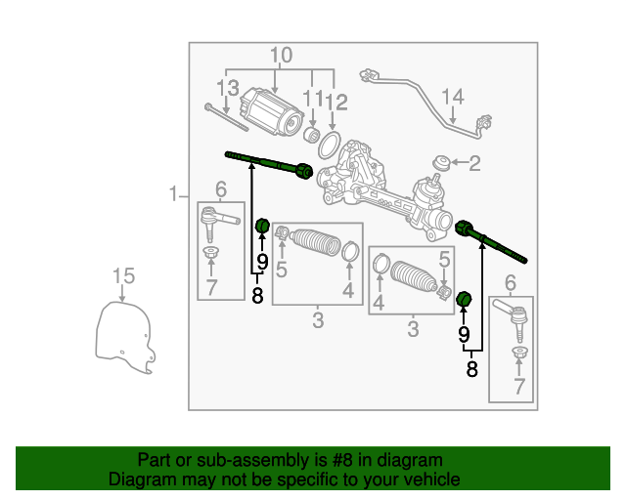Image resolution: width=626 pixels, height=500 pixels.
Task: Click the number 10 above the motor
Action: coord(281,55)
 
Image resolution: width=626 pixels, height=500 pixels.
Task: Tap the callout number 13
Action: coord(228,88)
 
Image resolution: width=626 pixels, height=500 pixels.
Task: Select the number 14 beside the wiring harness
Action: coord(453,97)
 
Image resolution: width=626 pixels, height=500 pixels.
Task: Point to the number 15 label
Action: coord(124,276)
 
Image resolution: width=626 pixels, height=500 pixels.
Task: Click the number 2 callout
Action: coord(474,163)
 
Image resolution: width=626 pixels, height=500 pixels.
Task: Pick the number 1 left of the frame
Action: coord(172,193)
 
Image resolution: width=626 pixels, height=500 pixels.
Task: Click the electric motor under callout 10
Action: coord(272,112)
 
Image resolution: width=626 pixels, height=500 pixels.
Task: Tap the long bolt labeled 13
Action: coord(226,117)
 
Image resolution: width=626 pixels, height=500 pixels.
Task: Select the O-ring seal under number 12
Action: coord(330,146)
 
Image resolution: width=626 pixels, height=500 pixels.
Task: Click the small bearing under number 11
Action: coord(311,135)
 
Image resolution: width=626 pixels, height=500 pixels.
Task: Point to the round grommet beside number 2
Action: coord(442,163)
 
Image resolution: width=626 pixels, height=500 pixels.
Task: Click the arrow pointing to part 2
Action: coord(459,163)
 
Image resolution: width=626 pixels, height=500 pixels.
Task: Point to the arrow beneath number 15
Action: coord(122,293)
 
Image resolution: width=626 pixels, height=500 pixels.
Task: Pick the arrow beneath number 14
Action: coord(452,115)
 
